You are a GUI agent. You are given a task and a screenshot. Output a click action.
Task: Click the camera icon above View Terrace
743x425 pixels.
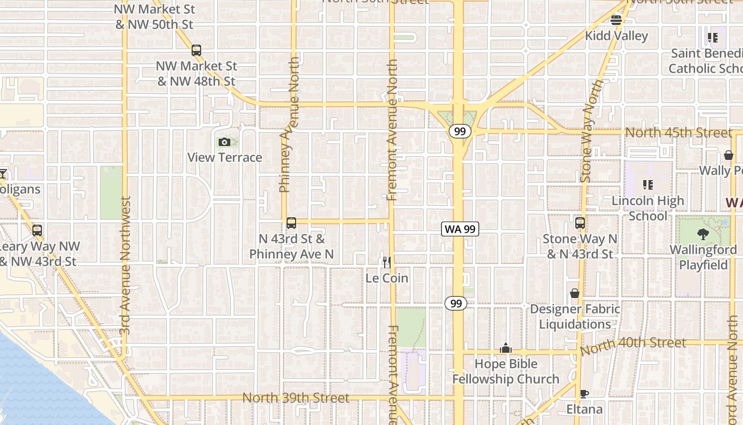224,142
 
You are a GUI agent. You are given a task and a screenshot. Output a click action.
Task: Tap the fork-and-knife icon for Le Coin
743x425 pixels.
387,262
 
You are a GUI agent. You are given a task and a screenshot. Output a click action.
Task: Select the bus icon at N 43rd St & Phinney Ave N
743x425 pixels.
291,223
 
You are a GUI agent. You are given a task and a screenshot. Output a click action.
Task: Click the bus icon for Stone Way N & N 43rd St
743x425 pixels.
580,223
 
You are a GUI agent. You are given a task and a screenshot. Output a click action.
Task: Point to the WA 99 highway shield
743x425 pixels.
460,229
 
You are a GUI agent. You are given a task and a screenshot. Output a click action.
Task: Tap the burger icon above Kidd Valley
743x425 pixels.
616,20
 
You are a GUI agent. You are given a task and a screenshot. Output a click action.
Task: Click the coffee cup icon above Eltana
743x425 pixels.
584,394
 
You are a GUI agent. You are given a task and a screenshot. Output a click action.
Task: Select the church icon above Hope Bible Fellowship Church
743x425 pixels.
505,348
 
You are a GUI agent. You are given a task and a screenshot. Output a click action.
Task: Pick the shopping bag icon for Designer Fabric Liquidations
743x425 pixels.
575,293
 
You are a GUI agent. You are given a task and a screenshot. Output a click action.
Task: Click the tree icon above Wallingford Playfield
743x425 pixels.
703,234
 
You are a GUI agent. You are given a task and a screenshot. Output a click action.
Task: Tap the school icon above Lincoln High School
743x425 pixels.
647,185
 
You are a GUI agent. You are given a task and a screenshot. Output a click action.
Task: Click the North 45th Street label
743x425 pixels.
679,132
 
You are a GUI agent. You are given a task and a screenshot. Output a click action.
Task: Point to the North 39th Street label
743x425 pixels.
296,398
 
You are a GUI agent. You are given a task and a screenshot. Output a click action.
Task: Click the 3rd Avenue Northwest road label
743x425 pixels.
125,266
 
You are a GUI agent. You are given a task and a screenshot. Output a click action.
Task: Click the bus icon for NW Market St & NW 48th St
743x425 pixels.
196,50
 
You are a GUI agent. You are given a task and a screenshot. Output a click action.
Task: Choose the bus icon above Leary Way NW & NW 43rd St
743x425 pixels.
37,231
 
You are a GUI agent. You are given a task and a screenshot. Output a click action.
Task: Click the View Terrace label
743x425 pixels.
224,158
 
